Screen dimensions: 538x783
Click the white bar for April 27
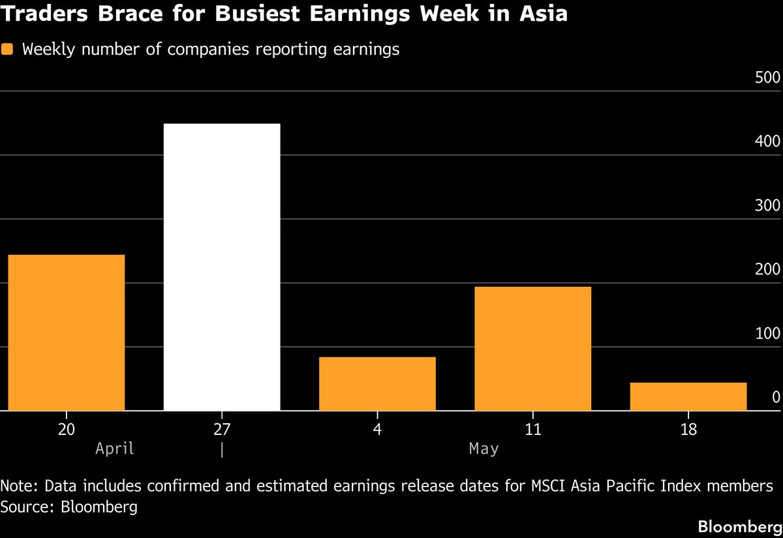click(222, 267)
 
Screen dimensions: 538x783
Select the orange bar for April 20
click(66, 333)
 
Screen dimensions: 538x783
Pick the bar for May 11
click(532, 349)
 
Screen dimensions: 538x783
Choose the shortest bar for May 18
click(688, 396)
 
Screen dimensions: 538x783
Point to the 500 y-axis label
click(767, 78)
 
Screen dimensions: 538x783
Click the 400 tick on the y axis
click(767, 142)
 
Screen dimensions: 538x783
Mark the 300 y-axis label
click(767, 205)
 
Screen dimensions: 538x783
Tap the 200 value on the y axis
click(767, 269)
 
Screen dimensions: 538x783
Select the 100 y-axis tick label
click(767, 333)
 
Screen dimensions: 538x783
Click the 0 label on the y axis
click(776, 397)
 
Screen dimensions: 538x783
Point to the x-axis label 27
click(222, 430)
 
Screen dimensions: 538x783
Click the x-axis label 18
click(688, 430)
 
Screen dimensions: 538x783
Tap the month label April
click(114, 449)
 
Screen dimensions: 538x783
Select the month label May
click(484, 449)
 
